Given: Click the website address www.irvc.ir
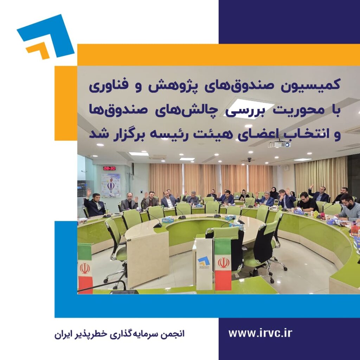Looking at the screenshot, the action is [x=260, y=333].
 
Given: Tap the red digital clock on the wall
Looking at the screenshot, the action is [x=109, y=168].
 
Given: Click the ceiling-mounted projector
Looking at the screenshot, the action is [x=279, y=144].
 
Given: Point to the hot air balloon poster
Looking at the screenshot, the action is [x=111, y=185].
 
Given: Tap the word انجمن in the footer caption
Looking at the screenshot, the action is [x=174, y=334].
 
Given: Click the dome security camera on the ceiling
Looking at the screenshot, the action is [x=249, y=159].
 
